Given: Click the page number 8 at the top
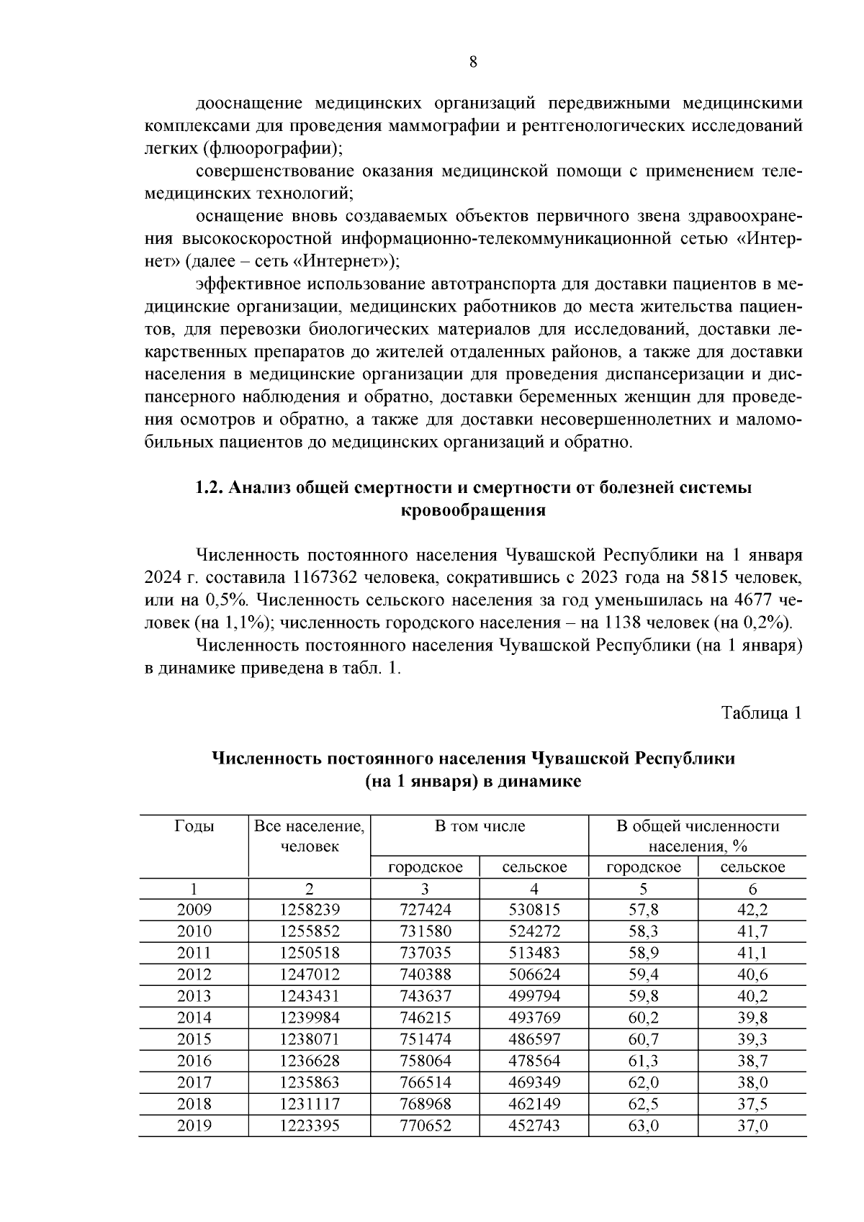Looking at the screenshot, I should tap(473, 62).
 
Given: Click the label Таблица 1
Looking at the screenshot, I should tap(762, 712).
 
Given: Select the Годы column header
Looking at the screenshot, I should tap(194, 826).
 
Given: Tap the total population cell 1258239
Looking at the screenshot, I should tap(310, 910).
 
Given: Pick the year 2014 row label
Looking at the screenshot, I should tap(194, 1018).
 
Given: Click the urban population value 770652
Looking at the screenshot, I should tap(425, 1126).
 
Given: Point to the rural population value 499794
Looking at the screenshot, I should tap(534, 996).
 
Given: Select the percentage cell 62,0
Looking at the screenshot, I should tap(644, 1082).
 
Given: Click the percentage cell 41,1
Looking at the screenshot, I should tap(752, 953).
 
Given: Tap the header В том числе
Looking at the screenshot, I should tap(480, 826).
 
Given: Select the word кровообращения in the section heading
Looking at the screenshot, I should tap(473, 511).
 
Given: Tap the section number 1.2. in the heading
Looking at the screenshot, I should tap(211, 488).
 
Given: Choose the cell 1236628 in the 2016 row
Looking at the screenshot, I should tap(310, 1061).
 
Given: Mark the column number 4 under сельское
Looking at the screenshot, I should tap(534, 889).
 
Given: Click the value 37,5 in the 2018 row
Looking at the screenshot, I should tap(752, 1104).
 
